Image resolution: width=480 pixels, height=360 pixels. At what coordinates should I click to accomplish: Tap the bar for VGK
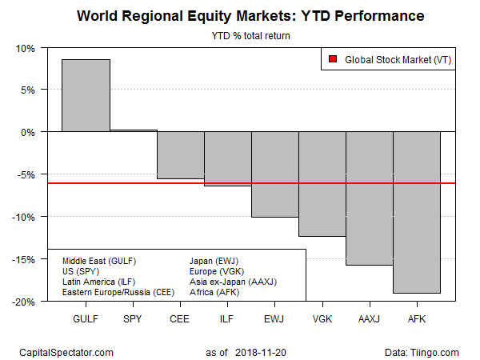322,184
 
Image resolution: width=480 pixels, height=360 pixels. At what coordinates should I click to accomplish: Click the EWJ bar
275,174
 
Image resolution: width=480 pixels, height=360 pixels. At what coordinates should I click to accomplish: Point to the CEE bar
181,155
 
